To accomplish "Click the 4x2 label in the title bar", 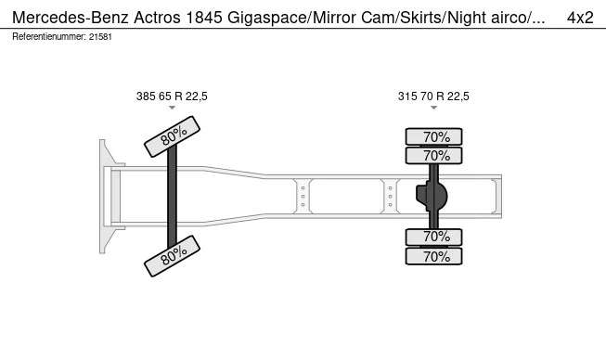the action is click(580, 18).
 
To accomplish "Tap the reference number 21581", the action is click(100, 37).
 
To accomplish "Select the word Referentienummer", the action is click(48, 37).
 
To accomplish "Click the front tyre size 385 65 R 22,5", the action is click(172, 96).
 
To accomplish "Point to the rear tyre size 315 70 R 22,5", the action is click(433, 96).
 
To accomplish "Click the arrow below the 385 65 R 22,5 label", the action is click(172, 108).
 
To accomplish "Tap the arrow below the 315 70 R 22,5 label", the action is click(433, 108).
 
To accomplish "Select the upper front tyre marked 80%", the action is click(172, 136).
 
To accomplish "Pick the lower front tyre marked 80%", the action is click(172, 256).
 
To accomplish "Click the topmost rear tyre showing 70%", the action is click(433, 136).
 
